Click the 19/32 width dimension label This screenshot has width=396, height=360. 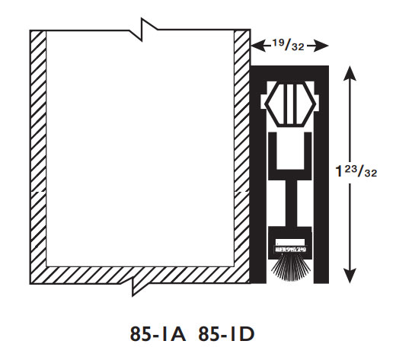(x=289, y=45)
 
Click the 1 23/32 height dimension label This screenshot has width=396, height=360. (x=356, y=170)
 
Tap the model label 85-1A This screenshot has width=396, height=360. (x=158, y=334)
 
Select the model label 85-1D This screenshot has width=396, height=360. (x=226, y=334)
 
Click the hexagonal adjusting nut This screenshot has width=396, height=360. (x=290, y=104)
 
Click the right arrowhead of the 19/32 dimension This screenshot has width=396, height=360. (x=321, y=46)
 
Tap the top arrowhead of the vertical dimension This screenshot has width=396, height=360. (x=350, y=73)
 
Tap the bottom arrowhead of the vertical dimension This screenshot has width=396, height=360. (x=350, y=276)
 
